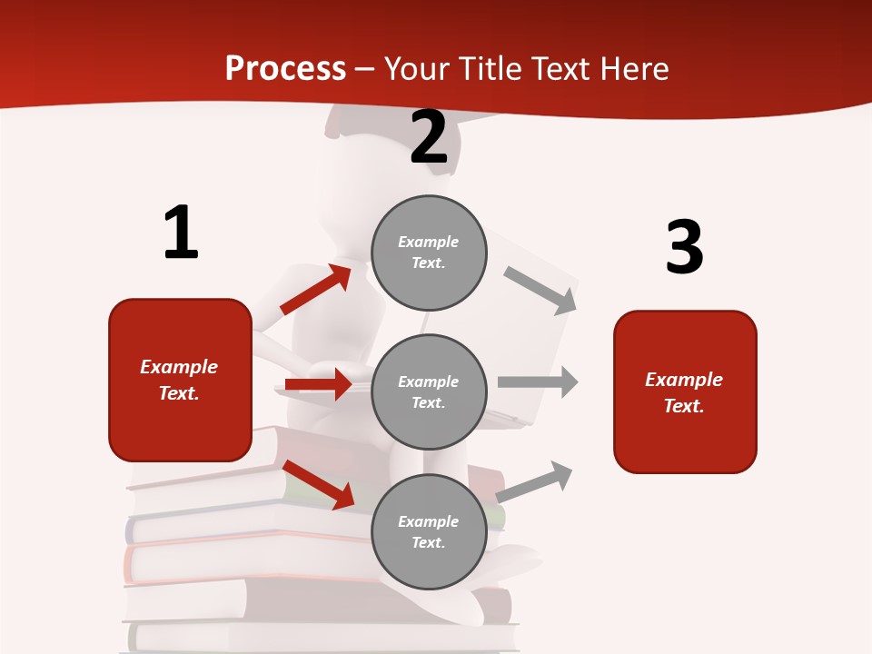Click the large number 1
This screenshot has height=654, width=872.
pyautogui.click(x=181, y=233)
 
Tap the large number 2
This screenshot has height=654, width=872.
pyautogui.click(x=429, y=138)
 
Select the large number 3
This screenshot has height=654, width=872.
pyautogui.click(x=684, y=248)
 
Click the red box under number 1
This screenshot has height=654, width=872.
pyautogui.click(x=180, y=380)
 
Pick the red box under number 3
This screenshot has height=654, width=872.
pyautogui.click(x=685, y=392)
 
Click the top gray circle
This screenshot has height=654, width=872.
pyautogui.click(x=429, y=253)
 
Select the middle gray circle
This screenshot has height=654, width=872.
pyautogui.click(x=429, y=391)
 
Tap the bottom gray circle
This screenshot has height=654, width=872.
pyautogui.click(x=429, y=531)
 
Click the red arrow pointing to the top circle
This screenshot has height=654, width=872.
pyautogui.click(x=316, y=290)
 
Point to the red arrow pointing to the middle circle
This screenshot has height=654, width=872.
pyautogui.click(x=318, y=384)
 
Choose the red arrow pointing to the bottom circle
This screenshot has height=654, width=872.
pyautogui.click(x=318, y=484)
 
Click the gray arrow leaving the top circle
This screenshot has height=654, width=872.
pyautogui.click(x=540, y=290)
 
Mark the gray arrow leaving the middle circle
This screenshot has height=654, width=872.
pyautogui.click(x=538, y=381)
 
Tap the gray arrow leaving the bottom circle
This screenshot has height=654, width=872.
pyautogui.click(x=535, y=481)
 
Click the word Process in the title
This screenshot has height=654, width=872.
pyautogui.click(x=285, y=68)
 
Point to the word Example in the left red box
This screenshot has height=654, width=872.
pyautogui.click(x=179, y=367)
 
